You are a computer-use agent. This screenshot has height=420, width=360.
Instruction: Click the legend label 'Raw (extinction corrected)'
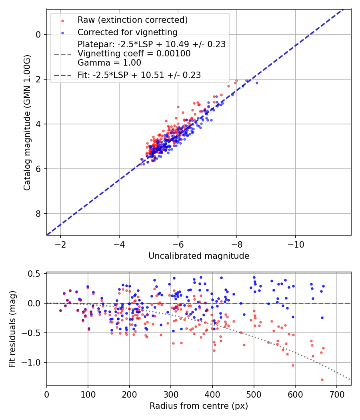point(132,20)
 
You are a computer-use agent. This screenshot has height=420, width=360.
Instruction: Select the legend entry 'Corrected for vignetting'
point(128,32)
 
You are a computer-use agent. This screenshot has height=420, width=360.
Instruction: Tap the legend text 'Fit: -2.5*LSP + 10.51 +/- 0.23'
point(139,75)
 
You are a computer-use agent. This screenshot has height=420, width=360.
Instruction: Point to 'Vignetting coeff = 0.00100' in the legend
point(134,54)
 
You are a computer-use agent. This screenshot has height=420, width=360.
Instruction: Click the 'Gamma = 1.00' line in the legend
point(109,62)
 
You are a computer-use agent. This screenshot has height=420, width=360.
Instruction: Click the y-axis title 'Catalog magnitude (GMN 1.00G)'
point(27,122)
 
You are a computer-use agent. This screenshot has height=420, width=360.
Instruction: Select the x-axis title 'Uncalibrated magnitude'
point(199,256)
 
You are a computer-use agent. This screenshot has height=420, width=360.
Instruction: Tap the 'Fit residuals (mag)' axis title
point(12,329)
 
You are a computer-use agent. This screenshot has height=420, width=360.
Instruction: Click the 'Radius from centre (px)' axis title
point(199,406)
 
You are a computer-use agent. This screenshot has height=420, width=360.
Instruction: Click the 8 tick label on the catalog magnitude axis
point(38,214)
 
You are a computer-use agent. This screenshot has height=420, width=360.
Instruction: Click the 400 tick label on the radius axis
point(212,394)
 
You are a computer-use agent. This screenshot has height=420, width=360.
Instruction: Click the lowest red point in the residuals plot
point(322,380)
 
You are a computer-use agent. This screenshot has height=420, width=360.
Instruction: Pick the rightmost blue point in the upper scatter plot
point(257,83)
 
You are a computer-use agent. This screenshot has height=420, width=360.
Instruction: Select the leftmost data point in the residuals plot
point(60,310)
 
